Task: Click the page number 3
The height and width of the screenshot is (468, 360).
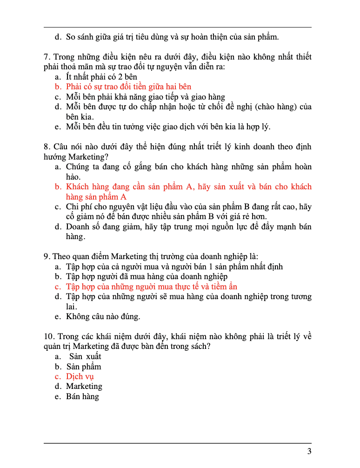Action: click(309, 451)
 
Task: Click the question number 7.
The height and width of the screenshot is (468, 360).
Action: click(47, 57)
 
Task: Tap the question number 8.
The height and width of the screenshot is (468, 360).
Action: click(47, 147)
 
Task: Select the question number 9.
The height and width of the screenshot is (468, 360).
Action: click(47, 256)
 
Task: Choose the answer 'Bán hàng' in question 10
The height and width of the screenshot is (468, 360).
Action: click(82, 396)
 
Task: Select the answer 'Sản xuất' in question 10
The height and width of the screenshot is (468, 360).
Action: click(85, 356)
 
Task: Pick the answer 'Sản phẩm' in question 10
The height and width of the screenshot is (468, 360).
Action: click(84, 367)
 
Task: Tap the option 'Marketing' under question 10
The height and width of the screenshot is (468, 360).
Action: click(84, 386)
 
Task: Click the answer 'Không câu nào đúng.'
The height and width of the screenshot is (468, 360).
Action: click(103, 317)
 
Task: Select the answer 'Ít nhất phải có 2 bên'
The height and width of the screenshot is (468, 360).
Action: click(101, 77)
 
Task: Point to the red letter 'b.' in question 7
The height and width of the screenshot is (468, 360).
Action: click(58, 87)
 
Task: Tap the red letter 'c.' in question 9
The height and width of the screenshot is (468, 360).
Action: click(58, 287)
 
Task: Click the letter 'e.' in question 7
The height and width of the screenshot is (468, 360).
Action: click(58, 127)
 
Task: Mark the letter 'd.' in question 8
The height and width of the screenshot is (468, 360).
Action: click(58, 227)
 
